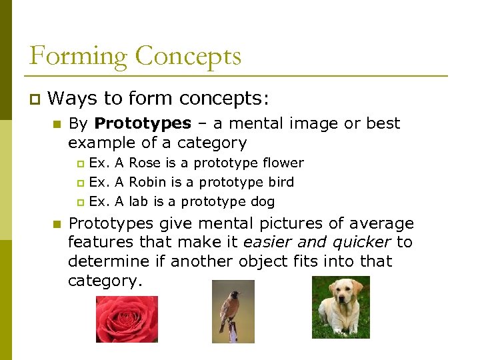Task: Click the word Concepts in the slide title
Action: click(188, 56)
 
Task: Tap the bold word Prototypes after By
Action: click(143, 123)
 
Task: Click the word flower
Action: click(283, 163)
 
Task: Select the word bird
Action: click(280, 182)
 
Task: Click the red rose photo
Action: click(127, 319)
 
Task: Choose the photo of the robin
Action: click(233, 311)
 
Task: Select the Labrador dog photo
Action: click(340, 307)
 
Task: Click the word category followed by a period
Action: click(104, 281)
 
